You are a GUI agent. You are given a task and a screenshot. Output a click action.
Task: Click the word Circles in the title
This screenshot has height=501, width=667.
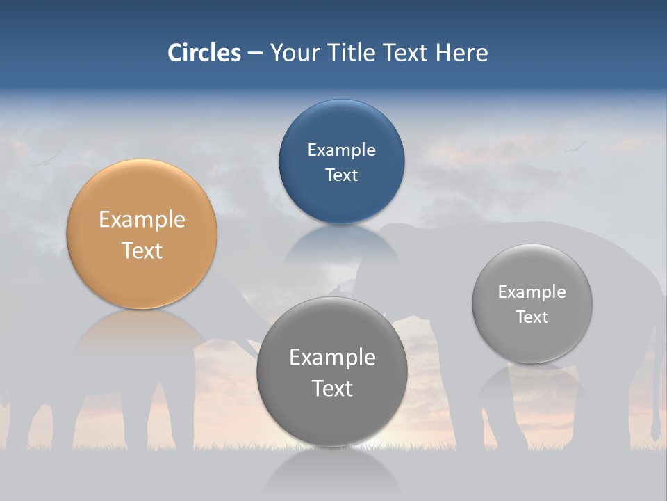click(204, 53)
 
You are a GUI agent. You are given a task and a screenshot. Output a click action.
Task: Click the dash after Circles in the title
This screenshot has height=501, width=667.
click(255, 54)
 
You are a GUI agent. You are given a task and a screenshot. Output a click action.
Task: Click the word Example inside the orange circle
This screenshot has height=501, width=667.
click(142, 219)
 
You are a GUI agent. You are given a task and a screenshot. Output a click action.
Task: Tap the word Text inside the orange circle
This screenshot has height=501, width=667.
click(142, 250)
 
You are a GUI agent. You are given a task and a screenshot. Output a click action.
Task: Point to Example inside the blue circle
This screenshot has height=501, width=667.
click(341, 150)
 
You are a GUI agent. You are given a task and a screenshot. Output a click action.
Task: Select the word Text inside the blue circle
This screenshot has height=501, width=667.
click(341, 175)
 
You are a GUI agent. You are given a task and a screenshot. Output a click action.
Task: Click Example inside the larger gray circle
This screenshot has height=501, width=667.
click(331, 357)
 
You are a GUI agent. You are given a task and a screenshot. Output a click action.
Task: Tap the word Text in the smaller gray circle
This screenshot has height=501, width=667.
click(532, 317)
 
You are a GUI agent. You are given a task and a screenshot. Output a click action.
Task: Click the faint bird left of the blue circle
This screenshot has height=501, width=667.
click(42, 162)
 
